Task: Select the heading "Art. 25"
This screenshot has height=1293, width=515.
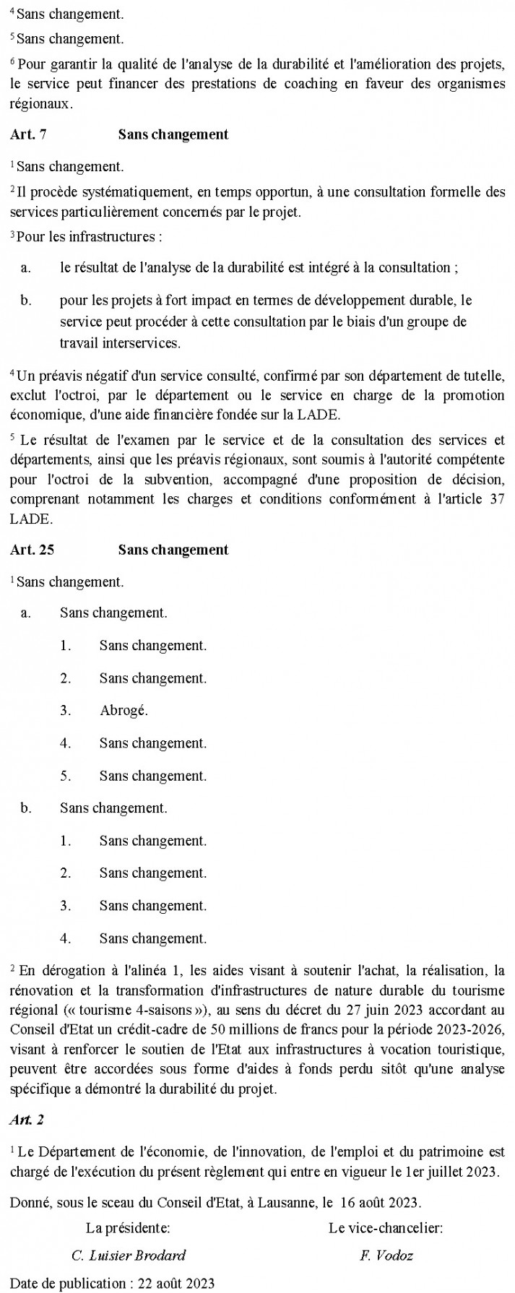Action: click(x=32, y=550)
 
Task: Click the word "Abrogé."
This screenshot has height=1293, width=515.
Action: click(x=124, y=711)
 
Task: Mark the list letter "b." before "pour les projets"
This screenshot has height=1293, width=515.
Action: click(x=27, y=300)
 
